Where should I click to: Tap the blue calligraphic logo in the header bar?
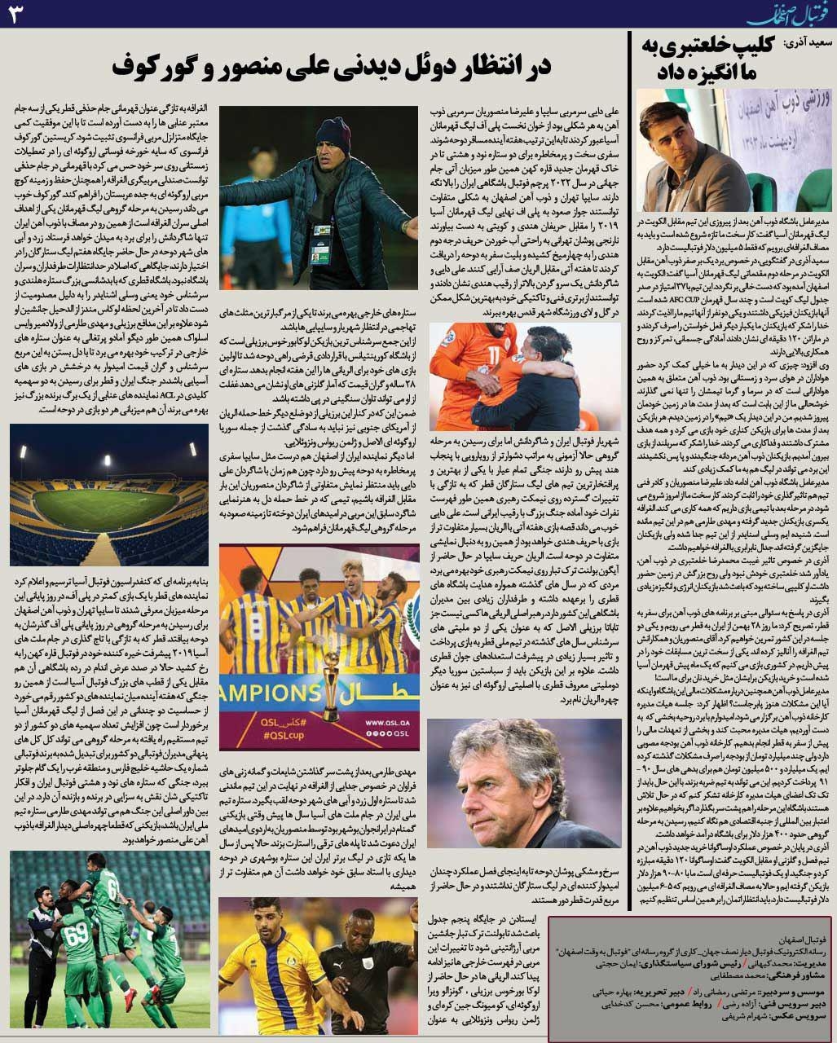tap(782, 14)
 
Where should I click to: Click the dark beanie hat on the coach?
tap(332, 130)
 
